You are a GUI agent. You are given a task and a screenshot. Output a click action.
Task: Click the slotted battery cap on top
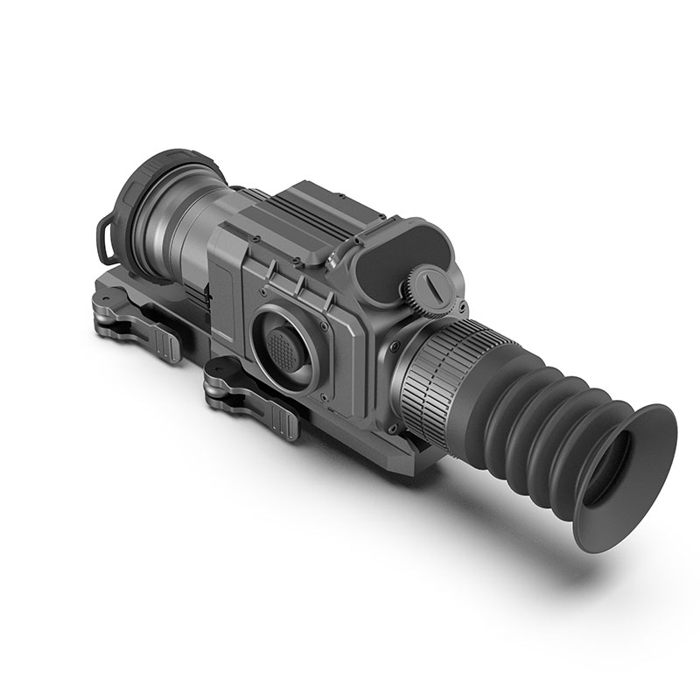433,284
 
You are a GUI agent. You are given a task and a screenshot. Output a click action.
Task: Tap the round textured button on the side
283,346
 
